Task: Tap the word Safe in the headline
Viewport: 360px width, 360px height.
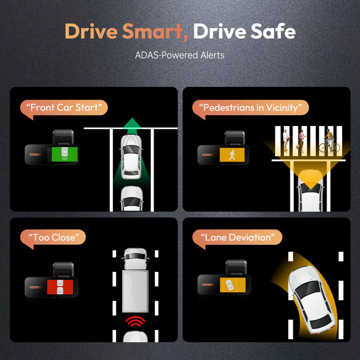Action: (273, 31)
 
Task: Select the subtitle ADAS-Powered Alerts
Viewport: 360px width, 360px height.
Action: (180, 55)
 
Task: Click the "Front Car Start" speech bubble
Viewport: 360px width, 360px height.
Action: (64, 108)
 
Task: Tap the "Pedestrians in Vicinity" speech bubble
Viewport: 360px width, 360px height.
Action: (251, 108)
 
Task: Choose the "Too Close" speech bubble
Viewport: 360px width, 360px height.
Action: (53, 238)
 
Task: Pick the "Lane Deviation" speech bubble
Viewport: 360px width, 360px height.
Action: (237, 238)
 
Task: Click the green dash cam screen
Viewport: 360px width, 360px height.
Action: (64, 154)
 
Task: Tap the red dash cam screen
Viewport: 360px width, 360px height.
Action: (60, 287)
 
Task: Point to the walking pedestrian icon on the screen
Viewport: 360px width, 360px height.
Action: (232, 155)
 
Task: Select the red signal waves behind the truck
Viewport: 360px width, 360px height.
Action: (135, 321)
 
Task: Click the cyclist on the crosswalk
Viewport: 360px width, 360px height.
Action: (329, 141)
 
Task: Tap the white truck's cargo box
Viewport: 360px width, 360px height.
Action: (135, 291)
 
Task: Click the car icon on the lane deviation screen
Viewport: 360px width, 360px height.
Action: (229, 285)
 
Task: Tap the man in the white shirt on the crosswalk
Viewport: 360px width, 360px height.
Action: (286, 140)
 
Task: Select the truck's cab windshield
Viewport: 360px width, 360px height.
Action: (135, 256)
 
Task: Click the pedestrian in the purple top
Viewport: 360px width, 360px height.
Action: (301, 141)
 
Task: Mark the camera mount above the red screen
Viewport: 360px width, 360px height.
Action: (63, 270)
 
